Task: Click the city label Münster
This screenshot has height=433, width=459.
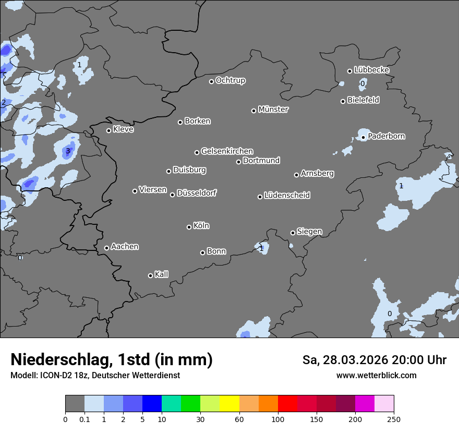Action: pyautogui.click(x=273, y=110)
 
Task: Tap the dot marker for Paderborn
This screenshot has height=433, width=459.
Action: pyautogui.click(x=364, y=138)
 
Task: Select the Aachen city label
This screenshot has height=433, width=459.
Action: pyautogui.click(x=125, y=247)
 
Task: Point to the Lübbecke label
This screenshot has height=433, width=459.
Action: pyautogui.click(x=371, y=70)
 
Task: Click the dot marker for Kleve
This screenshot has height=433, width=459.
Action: pyautogui.click(x=108, y=130)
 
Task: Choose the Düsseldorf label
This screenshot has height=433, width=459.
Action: pyautogui.click(x=197, y=193)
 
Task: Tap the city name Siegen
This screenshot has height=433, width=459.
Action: pyautogui.click(x=309, y=232)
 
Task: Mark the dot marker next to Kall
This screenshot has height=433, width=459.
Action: pyautogui.click(x=150, y=275)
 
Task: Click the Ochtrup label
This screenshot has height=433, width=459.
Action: pyautogui.click(x=230, y=80)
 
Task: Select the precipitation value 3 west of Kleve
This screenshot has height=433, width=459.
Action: pyautogui.click(x=67, y=151)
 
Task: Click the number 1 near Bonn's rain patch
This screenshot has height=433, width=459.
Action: pyautogui.click(x=261, y=248)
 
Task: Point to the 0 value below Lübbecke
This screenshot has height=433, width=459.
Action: pyautogui.click(x=363, y=83)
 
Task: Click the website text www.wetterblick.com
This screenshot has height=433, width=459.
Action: pyautogui.click(x=376, y=376)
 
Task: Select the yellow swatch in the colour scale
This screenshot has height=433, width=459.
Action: pyautogui.click(x=229, y=404)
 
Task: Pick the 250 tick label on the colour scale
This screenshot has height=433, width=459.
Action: pyautogui.click(x=394, y=419)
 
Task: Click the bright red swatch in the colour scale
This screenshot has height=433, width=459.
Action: pyautogui.click(x=287, y=404)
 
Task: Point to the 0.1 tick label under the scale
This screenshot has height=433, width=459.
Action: pyautogui.click(x=84, y=419)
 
